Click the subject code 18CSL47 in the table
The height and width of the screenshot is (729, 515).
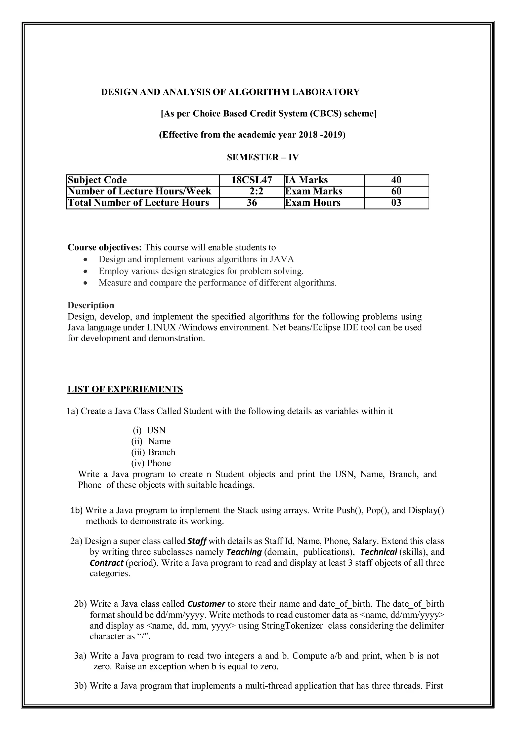click(251, 180)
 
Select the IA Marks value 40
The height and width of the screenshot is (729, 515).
click(396, 180)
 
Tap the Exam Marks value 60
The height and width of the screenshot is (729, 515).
click(396, 191)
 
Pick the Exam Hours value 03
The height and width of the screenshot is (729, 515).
click(396, 203)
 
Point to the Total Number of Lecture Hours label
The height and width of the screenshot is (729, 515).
click(138, 203)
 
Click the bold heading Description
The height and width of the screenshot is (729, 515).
click(91, 305)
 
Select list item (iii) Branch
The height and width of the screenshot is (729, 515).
click(153, 452)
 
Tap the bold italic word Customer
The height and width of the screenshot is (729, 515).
click(206, 604)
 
